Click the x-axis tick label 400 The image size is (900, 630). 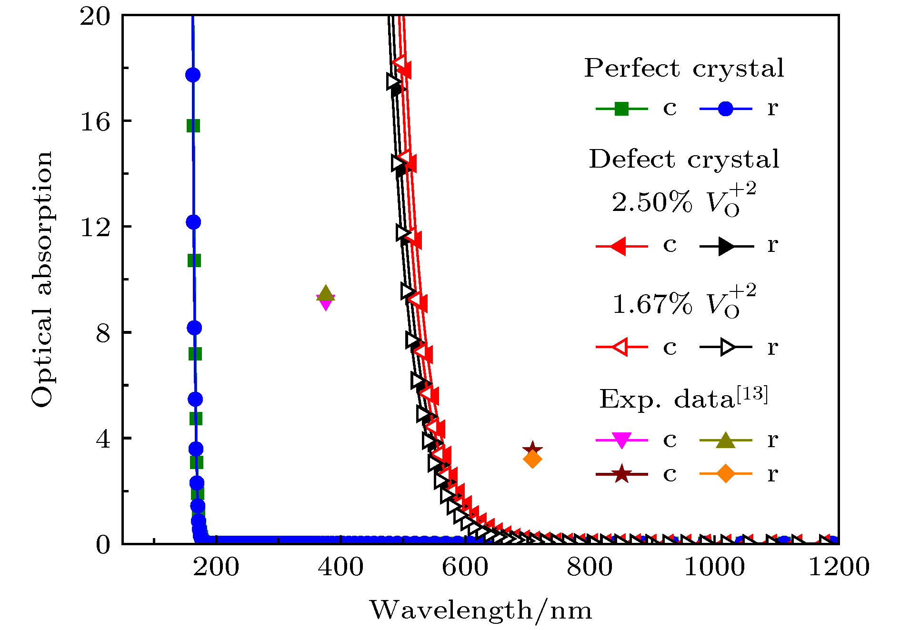pos(340,567)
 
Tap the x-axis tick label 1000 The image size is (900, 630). pos(714,567)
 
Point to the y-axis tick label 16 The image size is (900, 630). pos(95,122)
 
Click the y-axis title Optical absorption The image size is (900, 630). pos(42,279)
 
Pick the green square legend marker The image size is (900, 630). pos(621,109)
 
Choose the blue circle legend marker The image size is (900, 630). pos(725,109)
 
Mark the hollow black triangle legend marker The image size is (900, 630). pos(727,347)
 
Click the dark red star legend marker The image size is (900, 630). pos(621,474)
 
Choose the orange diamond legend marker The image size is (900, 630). pos(725,474)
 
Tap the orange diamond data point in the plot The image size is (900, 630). pos(532,460)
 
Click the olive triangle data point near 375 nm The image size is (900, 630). pos(326,293)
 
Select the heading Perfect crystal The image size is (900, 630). pos(684,68)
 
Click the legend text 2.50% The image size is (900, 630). pos(652,202)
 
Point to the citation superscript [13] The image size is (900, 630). pos(752,395)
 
